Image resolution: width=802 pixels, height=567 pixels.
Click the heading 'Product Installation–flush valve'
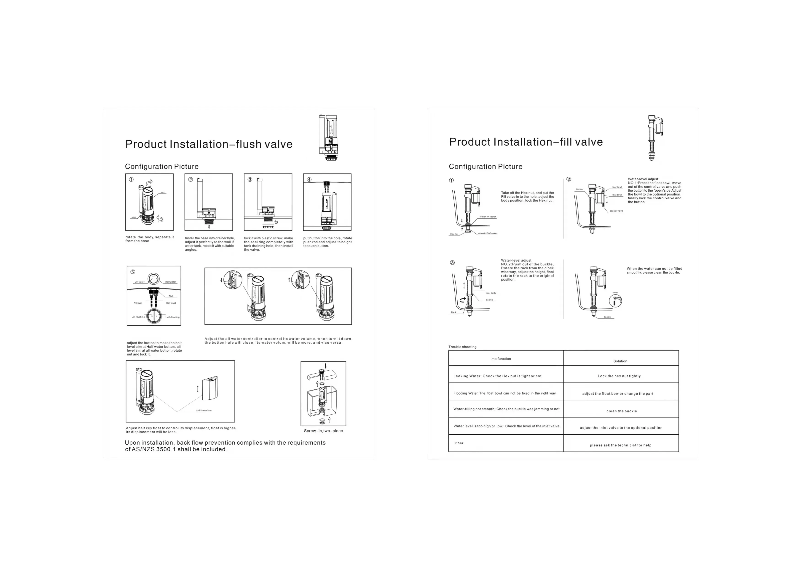[x=209, y=144]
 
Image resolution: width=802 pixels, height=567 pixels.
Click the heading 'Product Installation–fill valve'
[x=526, y=142]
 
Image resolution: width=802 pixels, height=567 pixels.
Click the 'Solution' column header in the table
[x=620, y=361]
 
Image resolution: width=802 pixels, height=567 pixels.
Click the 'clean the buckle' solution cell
[x=621, y=411]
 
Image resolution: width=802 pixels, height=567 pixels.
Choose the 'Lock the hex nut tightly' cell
[x=619, y=376]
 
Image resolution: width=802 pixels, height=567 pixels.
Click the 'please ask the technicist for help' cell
[x=620, y=445]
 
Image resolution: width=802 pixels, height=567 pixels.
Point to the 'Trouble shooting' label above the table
[x=462, y=347]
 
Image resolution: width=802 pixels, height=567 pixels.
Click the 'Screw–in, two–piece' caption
[x=323, y=431]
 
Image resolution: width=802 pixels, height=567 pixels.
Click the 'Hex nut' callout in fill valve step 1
[x=454, y=234]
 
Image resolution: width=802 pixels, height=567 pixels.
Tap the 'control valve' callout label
[x=616, y=211]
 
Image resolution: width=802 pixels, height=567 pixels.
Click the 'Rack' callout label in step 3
[x=453, y=312]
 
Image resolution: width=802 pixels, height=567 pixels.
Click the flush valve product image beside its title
[x=329, y=137]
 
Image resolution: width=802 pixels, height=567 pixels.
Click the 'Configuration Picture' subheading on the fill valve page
[x=485, y=166]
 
